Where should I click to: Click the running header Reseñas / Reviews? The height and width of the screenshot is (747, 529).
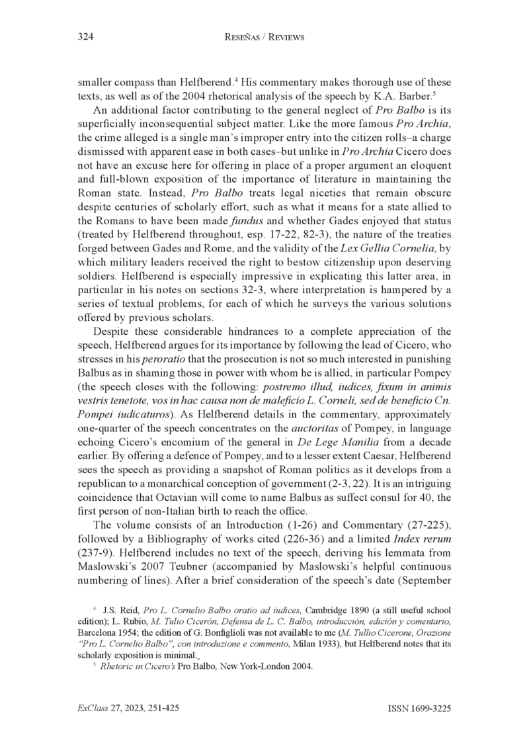pyautogui.click(x=264, y=38)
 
